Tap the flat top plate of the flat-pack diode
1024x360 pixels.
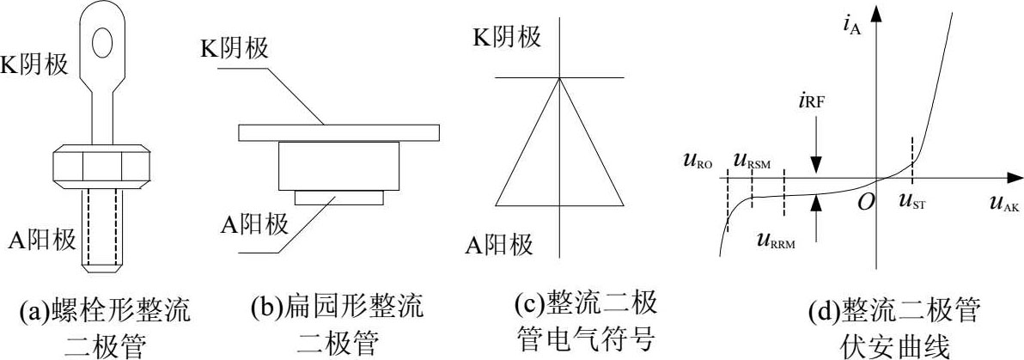coord(340,132)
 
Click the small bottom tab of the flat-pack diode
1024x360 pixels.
coord(339,198)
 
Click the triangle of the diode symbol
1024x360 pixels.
coord(558,150)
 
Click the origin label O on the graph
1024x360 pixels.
coord(865,200)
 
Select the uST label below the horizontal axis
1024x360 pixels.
coord(917,204)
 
